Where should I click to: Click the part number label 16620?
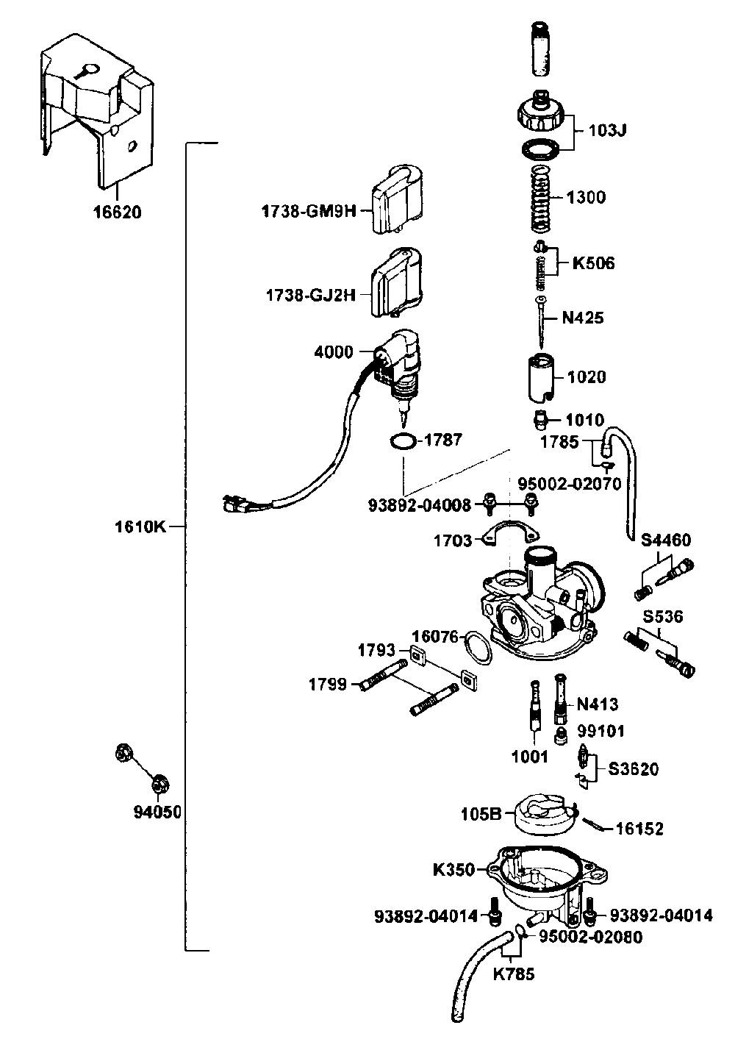pos(118,213)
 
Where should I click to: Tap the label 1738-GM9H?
pos(309,212)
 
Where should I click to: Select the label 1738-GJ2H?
pos(311,295)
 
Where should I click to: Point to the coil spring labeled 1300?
pos(541,199)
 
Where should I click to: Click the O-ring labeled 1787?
pos(402,442)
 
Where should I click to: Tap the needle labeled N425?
pos(542,322)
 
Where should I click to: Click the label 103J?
pos(607,130)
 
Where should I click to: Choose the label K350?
pos(454,870)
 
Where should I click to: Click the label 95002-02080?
pos(591,937)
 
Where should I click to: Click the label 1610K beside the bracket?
pos(140,527)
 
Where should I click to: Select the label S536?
pos(663,616)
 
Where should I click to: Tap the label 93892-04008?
pos(420,504)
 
